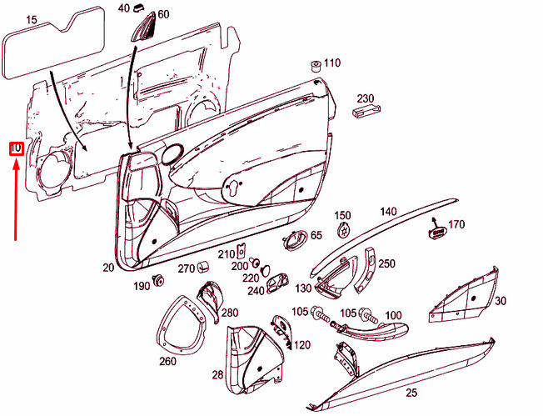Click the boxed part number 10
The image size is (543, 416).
click(x=16, y=149)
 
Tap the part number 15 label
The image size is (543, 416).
click(x=32, y=18)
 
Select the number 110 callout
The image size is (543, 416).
click(x=332, y=63)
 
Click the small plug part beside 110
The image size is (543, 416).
click(x=316, y=65)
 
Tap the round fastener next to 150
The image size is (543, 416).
click(x=342, y=230)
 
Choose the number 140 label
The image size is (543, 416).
click(x=389, y=212)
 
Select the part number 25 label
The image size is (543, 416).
click(x=411, y=392)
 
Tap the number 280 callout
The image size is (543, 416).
click(x=229, y=313)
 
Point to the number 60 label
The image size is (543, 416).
click(x=162, y=15)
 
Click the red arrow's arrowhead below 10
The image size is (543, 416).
click(x=16, y=163)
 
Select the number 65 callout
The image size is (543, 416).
click(x=316, y=236)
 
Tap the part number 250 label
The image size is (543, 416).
click(x=386, y=263)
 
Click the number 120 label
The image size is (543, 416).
click(x=301, y=344)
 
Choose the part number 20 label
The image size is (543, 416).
click(x=107, y=268)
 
